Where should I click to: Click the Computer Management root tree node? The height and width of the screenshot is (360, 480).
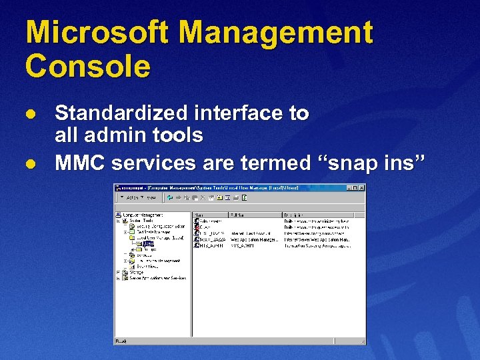(x=140, y=215)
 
